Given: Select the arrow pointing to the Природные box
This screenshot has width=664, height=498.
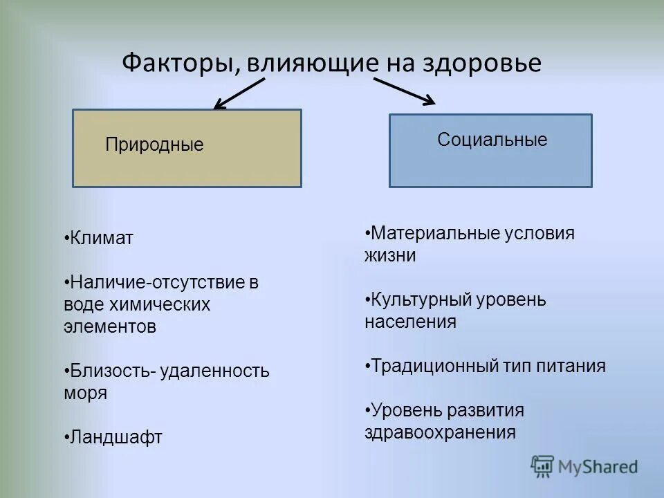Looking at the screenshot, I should tap(239, 94).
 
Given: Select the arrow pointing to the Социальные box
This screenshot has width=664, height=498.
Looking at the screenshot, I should tap(405, 91).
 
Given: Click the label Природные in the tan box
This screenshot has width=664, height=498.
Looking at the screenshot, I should tap(154, 145).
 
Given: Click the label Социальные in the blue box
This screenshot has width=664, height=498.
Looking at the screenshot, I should tap(492, 140).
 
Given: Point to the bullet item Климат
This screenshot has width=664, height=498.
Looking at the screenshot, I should tap(102, 239).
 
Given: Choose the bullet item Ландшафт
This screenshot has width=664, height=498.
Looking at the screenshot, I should tap(116, 438).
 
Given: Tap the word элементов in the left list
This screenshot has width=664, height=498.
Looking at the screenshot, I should tap(110, 327).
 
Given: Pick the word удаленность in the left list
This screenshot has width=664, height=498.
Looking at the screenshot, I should tap(214, 371).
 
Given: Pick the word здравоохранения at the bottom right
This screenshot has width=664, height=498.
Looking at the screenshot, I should tap(440, 432).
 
